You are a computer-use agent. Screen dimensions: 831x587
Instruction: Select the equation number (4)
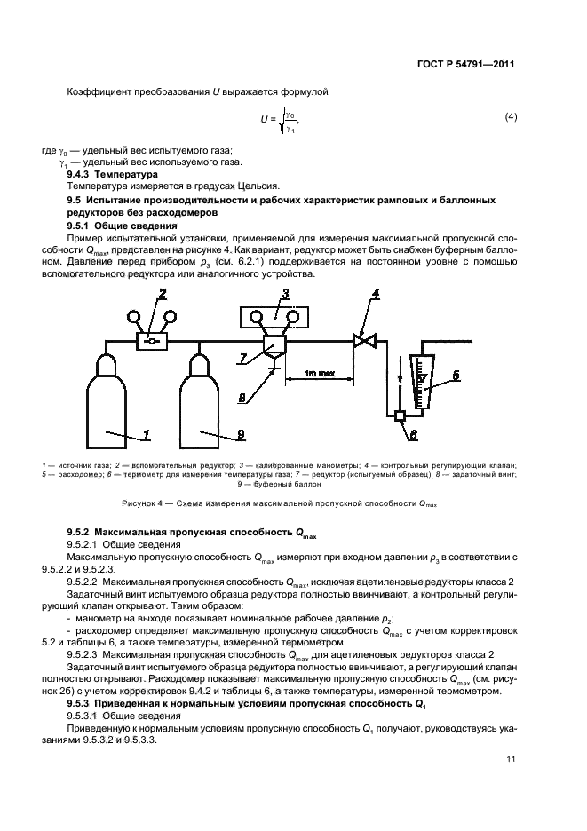[x=511, y=117]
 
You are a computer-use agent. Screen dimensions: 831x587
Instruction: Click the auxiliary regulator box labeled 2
[x=150, y=341]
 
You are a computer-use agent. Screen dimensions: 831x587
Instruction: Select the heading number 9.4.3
[x=83, y=175]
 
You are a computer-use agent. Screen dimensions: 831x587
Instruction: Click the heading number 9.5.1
[x=83, y=226]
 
